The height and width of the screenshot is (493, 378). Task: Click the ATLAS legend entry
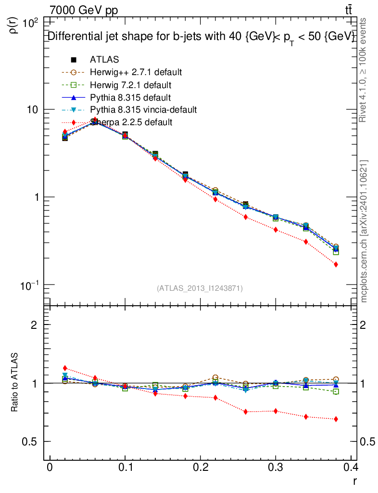coord(104,60)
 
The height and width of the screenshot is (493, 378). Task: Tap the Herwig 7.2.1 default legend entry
coord(130,85)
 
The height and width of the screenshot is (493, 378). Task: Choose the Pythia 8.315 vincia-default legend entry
coord(143,110)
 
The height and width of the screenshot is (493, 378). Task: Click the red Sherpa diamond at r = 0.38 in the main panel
coord(336,264)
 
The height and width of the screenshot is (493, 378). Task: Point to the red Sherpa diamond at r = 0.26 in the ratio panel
coord(245,412)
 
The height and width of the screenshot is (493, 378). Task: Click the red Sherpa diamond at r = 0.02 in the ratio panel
coord(65,368)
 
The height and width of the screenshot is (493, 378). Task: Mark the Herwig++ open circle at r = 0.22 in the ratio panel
coord(215,377)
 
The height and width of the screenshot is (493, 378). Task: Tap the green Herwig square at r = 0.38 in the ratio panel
coord(336,391)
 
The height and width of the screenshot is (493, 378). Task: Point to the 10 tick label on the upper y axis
coord(34,110)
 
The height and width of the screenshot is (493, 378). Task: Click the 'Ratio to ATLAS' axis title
coord(15,383)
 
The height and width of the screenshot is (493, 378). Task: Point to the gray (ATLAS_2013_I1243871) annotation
coord(200,288)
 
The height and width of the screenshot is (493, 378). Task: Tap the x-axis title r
coord(354,481)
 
